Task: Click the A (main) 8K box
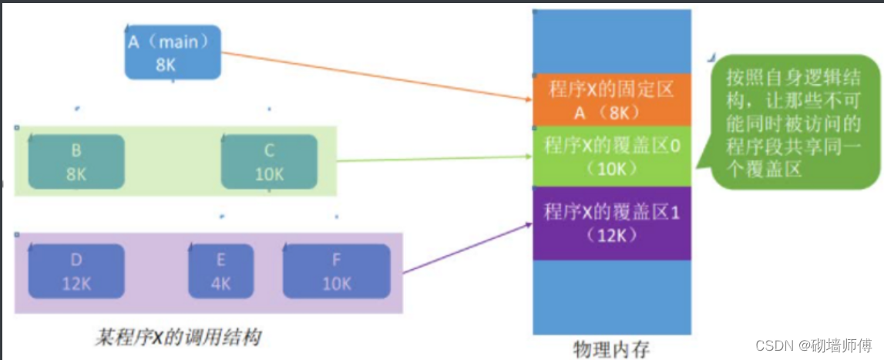coord(173,52)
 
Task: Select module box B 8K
coord(76,162)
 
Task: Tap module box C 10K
coord(269,162)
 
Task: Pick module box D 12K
coord(76,271)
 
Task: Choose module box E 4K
coord(220,271)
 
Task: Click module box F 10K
coord(336,271)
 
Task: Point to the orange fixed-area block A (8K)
coord(612,100)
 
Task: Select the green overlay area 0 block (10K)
coord(612,156)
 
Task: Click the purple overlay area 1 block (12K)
coord(612,223)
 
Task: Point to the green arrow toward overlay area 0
coord(432,159)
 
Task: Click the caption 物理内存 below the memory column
coord(612,348)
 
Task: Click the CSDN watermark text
coord(822,346)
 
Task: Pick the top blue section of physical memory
coord(612,40)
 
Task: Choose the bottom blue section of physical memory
coord(612,297)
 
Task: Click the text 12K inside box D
coord(76,283)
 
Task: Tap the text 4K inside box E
coord(220,283)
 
